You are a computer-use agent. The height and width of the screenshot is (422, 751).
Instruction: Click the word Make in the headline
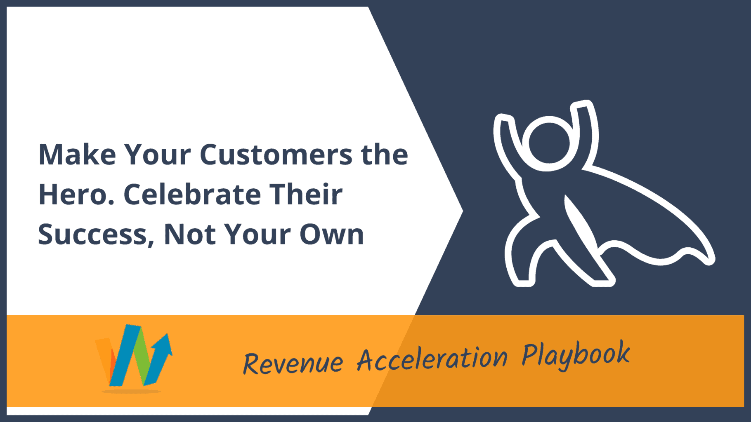[x=77, y=155]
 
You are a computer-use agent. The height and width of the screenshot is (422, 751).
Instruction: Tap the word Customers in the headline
[x=276, y=155]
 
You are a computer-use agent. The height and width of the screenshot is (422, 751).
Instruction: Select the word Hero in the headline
[x=73, y=195]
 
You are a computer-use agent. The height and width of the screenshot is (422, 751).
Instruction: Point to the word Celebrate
[x=192, y=194]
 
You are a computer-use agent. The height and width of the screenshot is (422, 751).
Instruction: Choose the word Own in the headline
[x=332, y=234]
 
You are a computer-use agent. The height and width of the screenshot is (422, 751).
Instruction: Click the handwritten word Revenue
[x=293, y=363]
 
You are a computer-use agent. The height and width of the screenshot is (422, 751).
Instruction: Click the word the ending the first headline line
[x=385, y=155]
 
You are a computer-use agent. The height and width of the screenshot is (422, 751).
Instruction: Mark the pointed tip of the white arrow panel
[x=463, y=211]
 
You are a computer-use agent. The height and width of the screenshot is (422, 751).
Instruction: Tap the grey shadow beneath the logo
[x=131, y=391]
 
